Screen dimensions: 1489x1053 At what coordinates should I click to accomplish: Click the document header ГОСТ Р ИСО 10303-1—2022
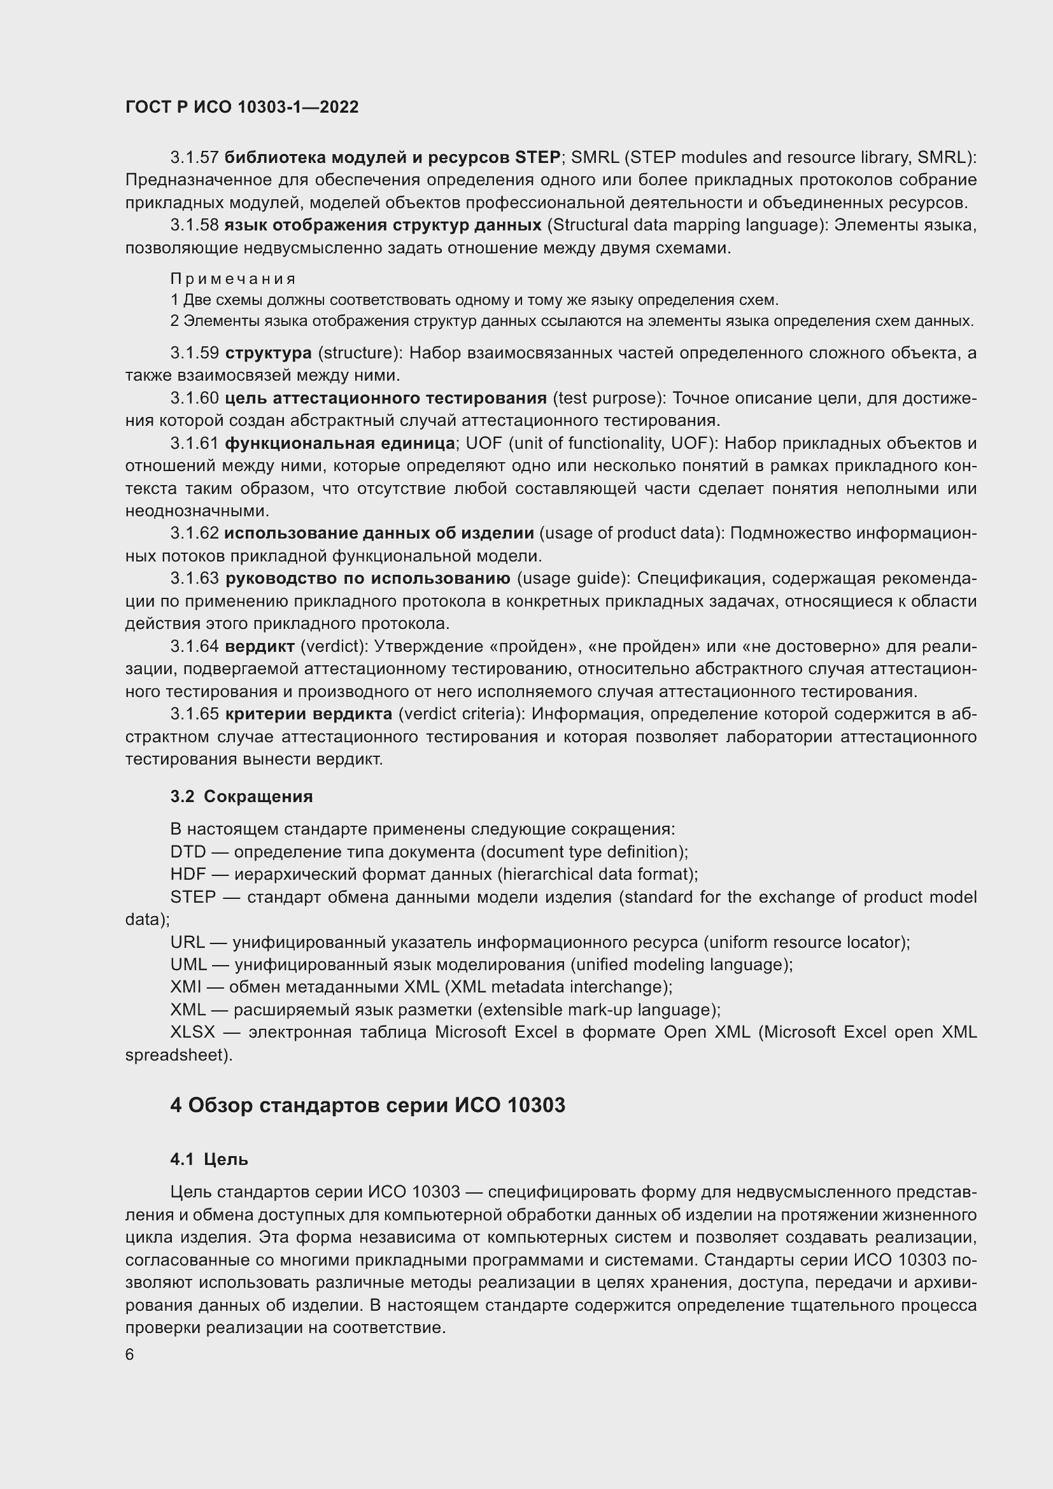coord(242,107)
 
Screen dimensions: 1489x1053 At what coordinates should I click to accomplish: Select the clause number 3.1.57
coord(195,158)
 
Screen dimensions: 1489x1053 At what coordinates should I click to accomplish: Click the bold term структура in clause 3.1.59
coord(269,353)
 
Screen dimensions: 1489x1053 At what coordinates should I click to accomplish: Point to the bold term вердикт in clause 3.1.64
coord(260,646)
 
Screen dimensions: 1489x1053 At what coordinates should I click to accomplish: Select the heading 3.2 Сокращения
coord(241,796)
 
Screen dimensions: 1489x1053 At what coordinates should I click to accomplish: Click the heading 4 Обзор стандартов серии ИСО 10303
coord(367,1104)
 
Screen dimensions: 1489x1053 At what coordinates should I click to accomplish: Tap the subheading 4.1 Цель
coord(209,1159)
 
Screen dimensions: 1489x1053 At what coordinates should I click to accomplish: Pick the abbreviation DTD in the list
coord(188,852)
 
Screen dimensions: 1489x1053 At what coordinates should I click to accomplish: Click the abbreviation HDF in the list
coord(188,874)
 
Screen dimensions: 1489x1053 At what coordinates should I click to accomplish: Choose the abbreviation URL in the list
coord(187,942)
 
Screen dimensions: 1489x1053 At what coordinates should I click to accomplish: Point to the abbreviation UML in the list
coord(188,964)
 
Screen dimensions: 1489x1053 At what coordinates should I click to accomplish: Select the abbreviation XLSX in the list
coord(192,1032)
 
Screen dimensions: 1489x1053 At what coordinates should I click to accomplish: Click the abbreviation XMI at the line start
coord(186,987)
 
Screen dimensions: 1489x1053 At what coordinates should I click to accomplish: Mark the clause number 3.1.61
coord(195,443)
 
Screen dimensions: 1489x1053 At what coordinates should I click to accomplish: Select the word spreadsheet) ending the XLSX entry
coord(179,1055)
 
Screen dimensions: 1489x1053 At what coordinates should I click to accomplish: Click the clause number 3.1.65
coord(195,714)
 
